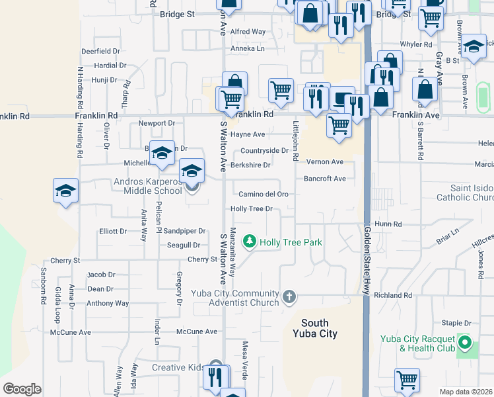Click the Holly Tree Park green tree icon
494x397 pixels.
tap(249, 242)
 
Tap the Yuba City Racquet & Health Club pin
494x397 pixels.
tap(465, 342)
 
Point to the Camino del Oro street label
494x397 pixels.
tap(264, 194)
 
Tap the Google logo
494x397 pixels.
tap(22, 389)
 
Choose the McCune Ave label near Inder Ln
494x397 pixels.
tap(197, 331)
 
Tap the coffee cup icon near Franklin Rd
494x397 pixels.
tap(341, 99)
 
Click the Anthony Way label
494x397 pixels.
tap(108, 303)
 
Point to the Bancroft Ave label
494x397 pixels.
tap(324, 179)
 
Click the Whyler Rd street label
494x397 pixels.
tap(415, 44)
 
